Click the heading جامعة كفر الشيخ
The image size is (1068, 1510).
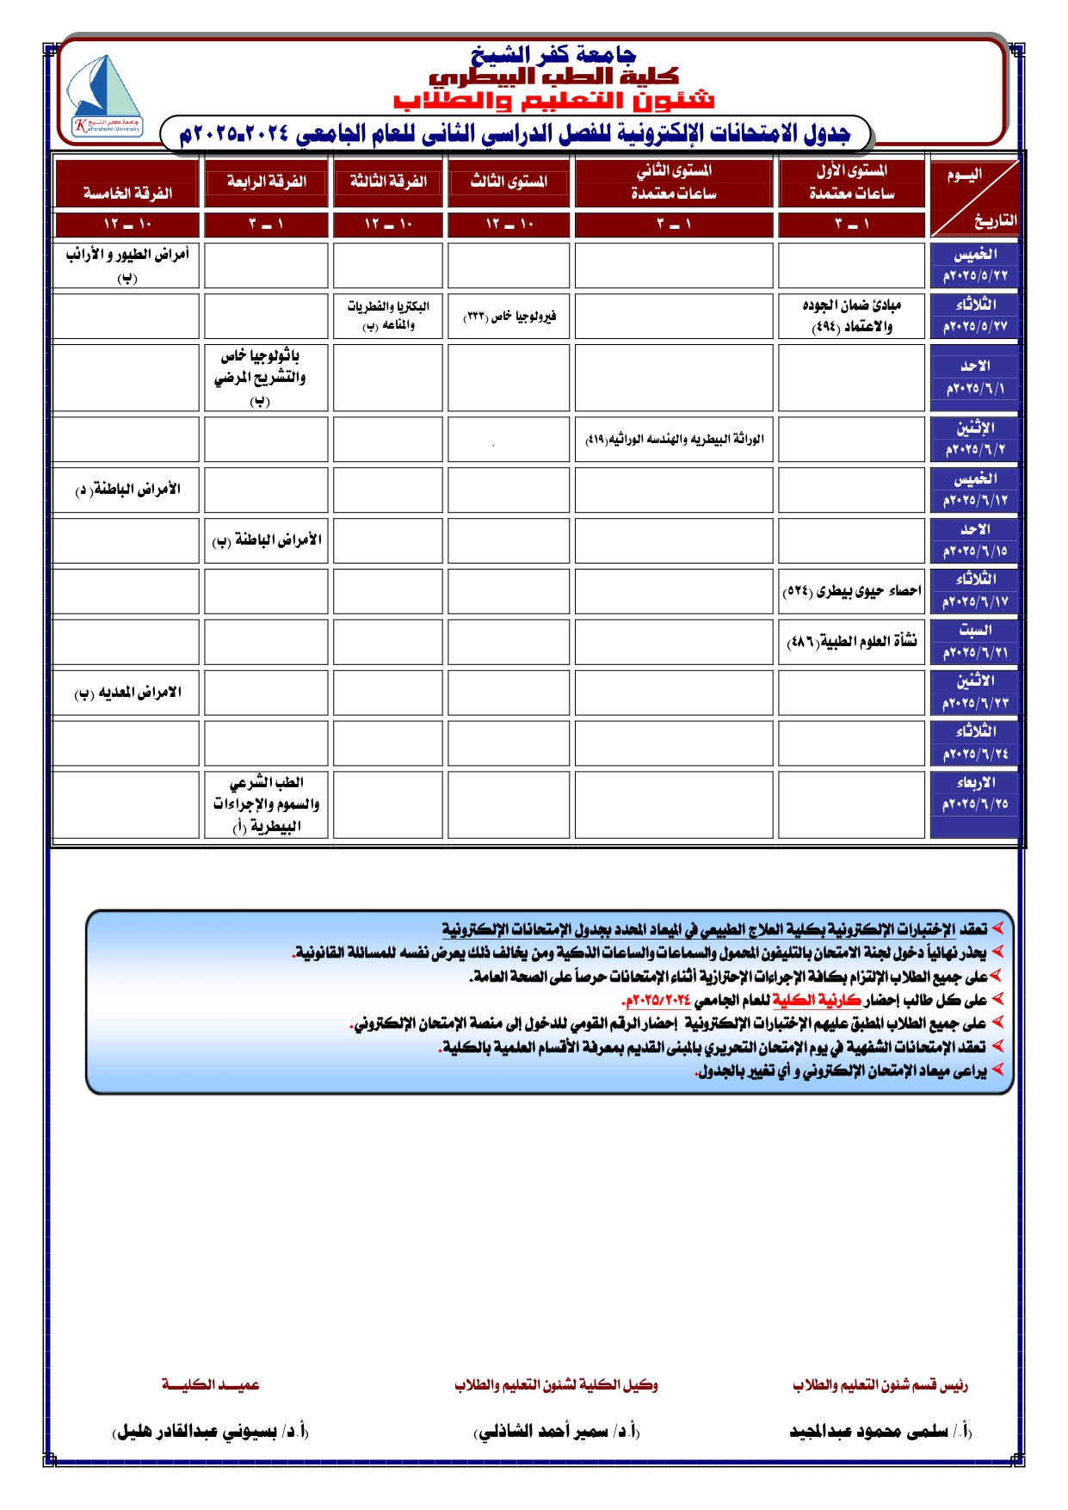[x=553, y=55]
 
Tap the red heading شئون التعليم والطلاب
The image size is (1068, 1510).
[x=553, y=101]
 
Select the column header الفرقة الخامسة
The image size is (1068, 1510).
[x=127, y=193]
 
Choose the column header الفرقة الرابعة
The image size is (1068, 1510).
[x=266, y=182]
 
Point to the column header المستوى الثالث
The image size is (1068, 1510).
[x=509, y=182]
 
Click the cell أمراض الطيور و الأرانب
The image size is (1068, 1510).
[x=127, y=264]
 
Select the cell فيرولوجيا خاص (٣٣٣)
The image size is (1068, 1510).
[x=509, y=316]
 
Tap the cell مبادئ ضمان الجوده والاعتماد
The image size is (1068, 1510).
[x=851, y=316]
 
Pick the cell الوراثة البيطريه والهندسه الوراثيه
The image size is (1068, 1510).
[x=674, y=440]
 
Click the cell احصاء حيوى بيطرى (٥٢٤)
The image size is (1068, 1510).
[x=851, y=591]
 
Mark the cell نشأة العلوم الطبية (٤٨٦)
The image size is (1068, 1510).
[x=851, y=641]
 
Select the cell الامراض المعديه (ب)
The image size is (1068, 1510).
[x=127, y=693]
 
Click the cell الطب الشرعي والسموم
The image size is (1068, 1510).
[x=266, y=804]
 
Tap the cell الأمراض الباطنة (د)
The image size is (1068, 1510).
[x=127, y=490]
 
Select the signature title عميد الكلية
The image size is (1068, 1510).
[x=210, y=1384]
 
